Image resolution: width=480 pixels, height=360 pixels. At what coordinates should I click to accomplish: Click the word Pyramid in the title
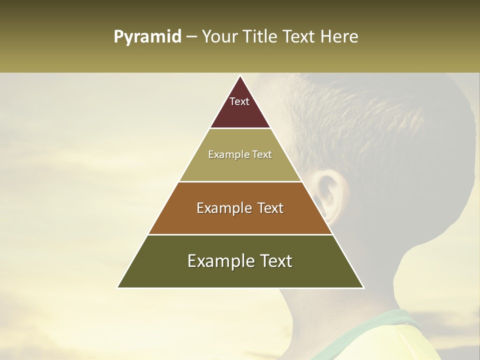pyautogui.click(x=147, y=37)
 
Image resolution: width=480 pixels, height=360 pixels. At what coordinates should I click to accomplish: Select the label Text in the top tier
pyautogui.click(x=239, y=101)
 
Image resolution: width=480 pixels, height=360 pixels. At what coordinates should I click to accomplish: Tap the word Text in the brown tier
pyautogui.click(x=270, y=208)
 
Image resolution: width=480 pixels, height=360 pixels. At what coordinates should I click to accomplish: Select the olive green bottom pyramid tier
pyautogui.click(x=240, y=275)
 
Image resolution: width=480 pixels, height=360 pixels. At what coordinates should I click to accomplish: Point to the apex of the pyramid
pyautogui.click(x=240, y=76)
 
